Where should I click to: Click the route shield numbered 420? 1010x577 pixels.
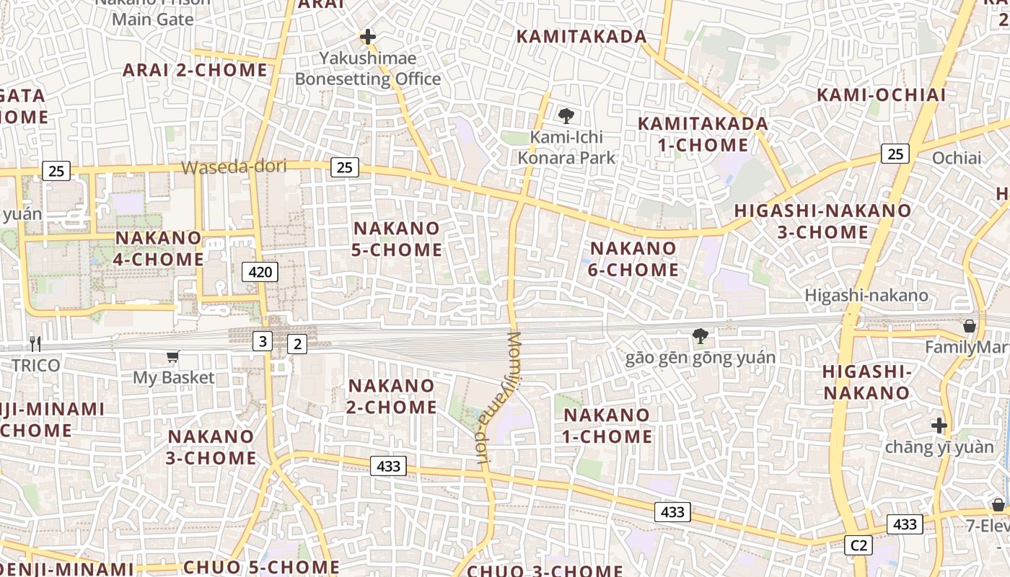tap(260, 272)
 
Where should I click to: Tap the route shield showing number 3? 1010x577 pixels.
tap(263, 341)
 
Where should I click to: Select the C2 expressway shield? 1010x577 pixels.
tap(858, 545)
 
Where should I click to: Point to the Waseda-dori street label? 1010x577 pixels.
tap(234, 167)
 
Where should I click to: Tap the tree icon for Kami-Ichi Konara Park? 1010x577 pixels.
tap(566, 115)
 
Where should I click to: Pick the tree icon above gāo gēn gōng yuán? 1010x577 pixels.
tap(699, 335)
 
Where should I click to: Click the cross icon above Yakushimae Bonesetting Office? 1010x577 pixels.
tap(368, 36)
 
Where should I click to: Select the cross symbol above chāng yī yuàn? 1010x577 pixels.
tap(939, 426)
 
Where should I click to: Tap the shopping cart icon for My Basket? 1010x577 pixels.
tap(172, 356)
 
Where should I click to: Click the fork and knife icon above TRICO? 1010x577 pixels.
tap(35, 343)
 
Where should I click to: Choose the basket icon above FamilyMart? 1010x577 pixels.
tap(970, 326)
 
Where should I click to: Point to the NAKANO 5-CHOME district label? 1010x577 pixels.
tap(397, 239)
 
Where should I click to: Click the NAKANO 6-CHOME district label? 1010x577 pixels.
tap(634, 260)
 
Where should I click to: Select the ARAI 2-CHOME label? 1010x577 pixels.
tap(195, 70)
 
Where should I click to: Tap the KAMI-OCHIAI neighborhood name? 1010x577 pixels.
tap(881, 95)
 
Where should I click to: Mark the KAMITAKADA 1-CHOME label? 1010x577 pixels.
tap(703, 134)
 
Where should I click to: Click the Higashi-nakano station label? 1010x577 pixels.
tap(866, 295)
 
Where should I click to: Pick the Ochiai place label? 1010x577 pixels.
tap(957, 158)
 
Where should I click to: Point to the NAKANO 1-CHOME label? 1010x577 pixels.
tap(607, 426)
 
